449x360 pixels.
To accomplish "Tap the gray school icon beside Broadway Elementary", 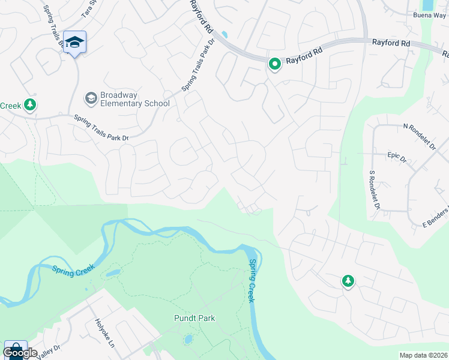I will coord(91,98).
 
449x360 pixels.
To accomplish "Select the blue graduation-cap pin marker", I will coord(74,42).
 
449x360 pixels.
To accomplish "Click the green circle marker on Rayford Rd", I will coord(275,63).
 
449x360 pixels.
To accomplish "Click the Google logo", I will coord(20,353).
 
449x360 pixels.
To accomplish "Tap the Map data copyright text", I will coord(423,355).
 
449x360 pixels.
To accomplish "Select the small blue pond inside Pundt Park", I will coord(188,340).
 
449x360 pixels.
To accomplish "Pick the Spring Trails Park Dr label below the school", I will coord(101,128).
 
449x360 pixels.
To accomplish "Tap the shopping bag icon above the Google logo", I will coord(15,347).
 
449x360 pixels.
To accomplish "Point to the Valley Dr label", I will coord(48,350).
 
